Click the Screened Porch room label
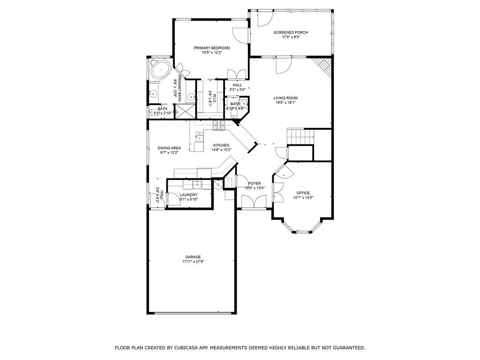tap(291, 32)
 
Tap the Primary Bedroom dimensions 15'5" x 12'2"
tap(212, 52)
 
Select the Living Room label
tap(285, 98)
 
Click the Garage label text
tap(193, 257)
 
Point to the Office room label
tap(303, 193)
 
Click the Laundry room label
tap(188, 195)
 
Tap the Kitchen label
tap(221, 145)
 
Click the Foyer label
tap(255, 183)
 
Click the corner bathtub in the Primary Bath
tap(160, 70)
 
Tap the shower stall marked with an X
tap(185, 111)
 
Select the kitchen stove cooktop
tap(219, 125)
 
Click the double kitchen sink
tap(200, 136)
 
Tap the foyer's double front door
tap(254, 202)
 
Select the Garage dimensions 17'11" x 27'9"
tap(193, 262)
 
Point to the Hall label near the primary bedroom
tap(237, 85)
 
